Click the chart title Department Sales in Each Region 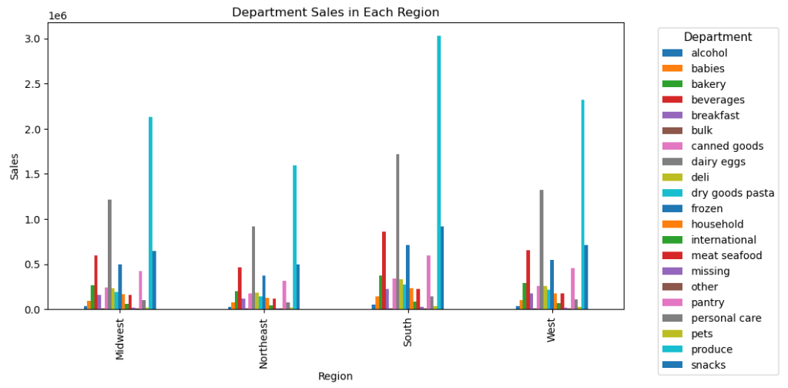pos(335,12)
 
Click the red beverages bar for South pos(384,270)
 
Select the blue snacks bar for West pos(586,277)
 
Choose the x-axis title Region pos(335,376)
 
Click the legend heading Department pos(717,37)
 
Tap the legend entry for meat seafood pos(727,255)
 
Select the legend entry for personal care pos(726,318)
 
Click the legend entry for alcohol pos(709,53)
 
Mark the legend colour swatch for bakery pos(672,84)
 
